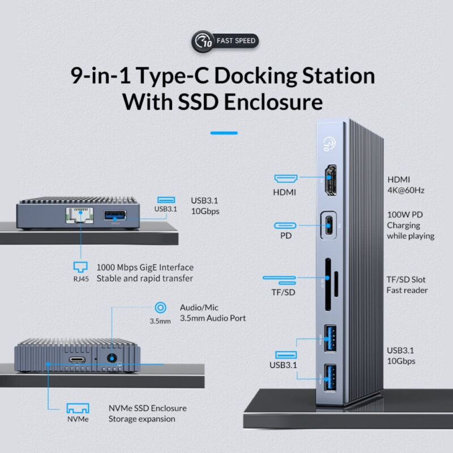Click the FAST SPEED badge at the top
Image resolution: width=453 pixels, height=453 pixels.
point(226,41)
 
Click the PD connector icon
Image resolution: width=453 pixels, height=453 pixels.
point(284,225)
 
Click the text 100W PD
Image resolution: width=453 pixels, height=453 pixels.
point(405,214)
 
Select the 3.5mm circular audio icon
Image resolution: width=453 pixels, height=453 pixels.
point(160,307)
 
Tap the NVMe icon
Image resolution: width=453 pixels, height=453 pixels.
point(78,409)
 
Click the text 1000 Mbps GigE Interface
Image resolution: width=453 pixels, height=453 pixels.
point(144,267)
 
